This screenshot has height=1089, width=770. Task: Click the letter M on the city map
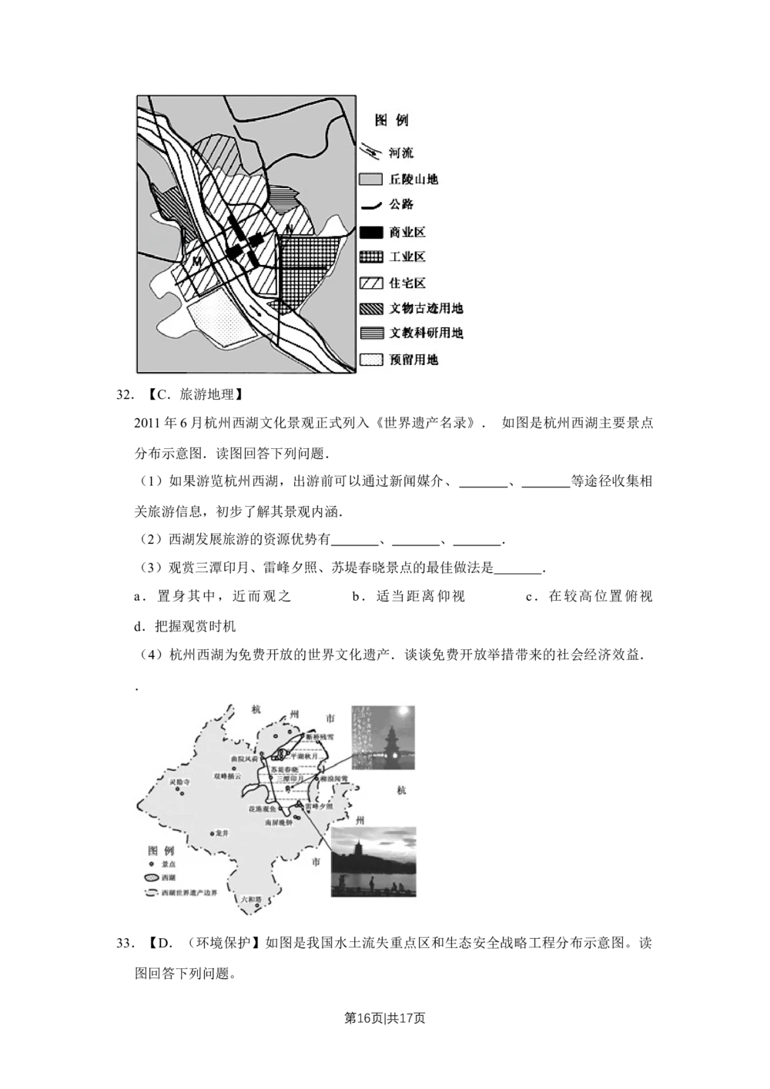[x=197, y=262]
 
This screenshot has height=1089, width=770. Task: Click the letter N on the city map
[x=286, y=228]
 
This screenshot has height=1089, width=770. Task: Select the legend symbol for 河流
[x=371, y=152]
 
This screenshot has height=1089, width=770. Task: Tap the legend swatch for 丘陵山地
[x=371, y=179]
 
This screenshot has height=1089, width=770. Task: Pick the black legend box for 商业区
[x=371, y=231]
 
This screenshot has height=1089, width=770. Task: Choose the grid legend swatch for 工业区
[x=371, y=257]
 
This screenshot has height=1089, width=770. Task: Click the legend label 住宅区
[x=407, y=283]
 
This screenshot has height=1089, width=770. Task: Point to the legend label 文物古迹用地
[x=426, y=309]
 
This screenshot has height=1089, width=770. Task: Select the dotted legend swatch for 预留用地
[x=371, y=360]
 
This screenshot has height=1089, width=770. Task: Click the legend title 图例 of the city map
[x=391, y=121]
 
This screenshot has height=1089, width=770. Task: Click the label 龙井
[x=223, y=833]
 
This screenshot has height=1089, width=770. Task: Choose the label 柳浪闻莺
[x=334, y=779]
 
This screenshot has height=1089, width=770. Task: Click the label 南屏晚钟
[x=278, y=823]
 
